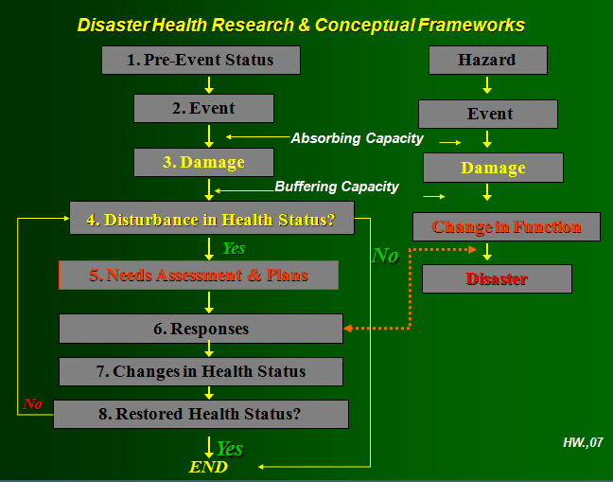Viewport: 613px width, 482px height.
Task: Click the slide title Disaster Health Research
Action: click(301, 25)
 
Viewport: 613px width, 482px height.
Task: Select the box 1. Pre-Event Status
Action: click(201, 60)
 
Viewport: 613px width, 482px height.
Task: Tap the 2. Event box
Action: click(203, 108)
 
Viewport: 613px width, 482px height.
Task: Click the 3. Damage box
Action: click(203, 162)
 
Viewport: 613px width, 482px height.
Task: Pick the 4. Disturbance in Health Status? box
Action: click(212, 219)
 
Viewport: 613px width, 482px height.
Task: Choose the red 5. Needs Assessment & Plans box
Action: click(199, 276)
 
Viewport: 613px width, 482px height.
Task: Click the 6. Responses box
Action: click(201, 329)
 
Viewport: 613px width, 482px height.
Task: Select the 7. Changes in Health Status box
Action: click(201, 371)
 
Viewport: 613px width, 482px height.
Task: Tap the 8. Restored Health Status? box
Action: click(201, 414)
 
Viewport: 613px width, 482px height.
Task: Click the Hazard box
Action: click(487, 60)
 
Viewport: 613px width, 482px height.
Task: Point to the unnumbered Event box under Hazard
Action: click(488, 114)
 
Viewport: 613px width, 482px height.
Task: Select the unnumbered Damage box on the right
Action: click(493, 168)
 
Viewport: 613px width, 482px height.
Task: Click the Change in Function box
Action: click(507, 226)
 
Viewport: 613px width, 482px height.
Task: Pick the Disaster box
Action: click(497, 278)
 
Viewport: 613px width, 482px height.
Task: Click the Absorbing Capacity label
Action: click(357, 138)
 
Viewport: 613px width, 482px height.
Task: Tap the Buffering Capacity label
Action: click(337, 187)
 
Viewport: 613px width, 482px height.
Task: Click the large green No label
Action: click(385, 256)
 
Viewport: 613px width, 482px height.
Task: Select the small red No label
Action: click(33, 404)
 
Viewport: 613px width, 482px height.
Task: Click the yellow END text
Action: click(208, 466)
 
